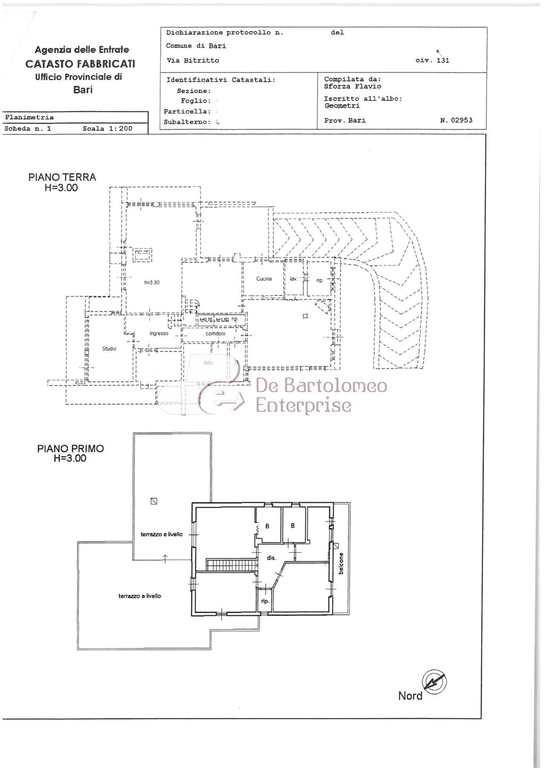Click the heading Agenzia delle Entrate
[82, 49]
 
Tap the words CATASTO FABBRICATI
[80, 63]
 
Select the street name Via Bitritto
[193, 60]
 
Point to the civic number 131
[442, 60]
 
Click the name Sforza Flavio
[352, 86]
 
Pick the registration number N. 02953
[456, 120]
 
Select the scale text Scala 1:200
[108, 129]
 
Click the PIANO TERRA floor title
[62, 177]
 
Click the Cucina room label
[264, 279]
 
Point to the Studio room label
[109, 349]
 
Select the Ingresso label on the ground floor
[159, 333]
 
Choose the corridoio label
[216, 333]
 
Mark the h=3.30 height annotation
[152, 282]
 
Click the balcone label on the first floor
[341, 564]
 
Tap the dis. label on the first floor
[271, 558]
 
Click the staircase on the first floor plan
[229, 565]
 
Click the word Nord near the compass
[410, 696]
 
